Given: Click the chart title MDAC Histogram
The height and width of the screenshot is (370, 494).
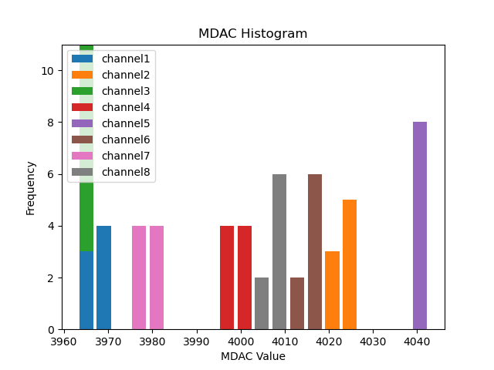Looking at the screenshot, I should (x=252, y=34).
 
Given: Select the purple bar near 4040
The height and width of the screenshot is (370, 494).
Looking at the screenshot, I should (x=420, y=225).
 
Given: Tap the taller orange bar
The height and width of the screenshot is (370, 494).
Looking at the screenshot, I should (x=350, y=264).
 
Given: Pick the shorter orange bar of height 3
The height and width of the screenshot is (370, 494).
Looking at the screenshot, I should (x=332, y=290).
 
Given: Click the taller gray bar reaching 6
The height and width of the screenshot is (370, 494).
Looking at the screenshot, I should (x=279, y=251).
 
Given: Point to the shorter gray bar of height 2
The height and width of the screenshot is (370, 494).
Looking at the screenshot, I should (x=262, y=303).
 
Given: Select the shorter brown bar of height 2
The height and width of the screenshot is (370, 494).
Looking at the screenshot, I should (x=297, y=303).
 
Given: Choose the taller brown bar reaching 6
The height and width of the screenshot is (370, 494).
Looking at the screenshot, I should (x=315, y=251).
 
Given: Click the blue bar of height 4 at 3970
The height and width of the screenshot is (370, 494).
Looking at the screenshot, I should (x=103, y=277).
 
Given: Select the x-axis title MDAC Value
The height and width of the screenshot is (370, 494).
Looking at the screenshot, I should (x=252, y=356).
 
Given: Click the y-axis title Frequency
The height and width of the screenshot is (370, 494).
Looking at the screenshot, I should (x=31, y=187).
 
